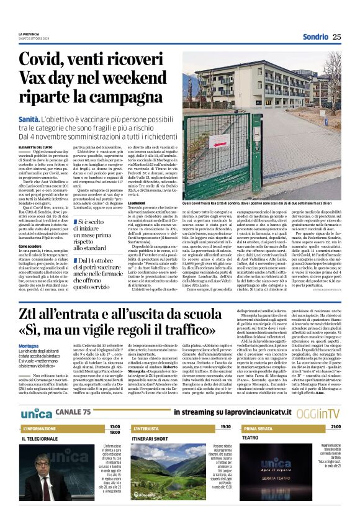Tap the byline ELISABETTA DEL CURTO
pyautogui.click(x=37, y=146)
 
